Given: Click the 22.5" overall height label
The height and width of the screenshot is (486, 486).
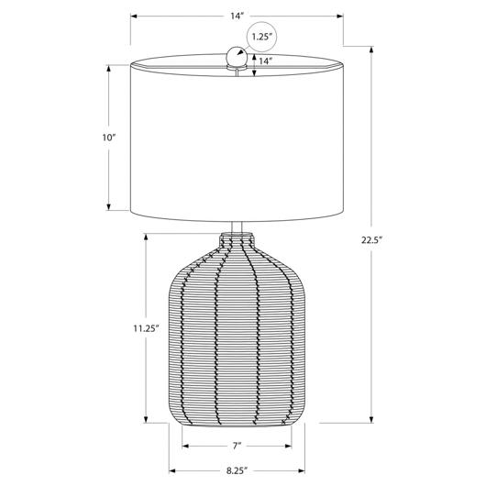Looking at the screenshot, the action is click(x=371, y=240).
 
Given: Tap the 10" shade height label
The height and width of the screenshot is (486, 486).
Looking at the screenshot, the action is click(x=109, y=138).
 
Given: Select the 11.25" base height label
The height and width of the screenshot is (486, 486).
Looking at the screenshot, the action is click(x=146, y=328).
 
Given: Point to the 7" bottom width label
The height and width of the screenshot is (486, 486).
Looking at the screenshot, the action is click(x=237, y=446).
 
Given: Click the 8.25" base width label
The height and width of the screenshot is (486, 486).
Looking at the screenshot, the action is click(x=237, y=470).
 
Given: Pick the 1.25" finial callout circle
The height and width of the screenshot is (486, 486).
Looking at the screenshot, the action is click(x=262, y=37).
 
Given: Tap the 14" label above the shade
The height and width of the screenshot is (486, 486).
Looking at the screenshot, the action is click(x=237, y=17).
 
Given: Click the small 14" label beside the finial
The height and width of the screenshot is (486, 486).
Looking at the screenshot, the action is click(x=266, y=61).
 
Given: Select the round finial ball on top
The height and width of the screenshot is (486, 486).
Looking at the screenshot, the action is click(x=237, y=56).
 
